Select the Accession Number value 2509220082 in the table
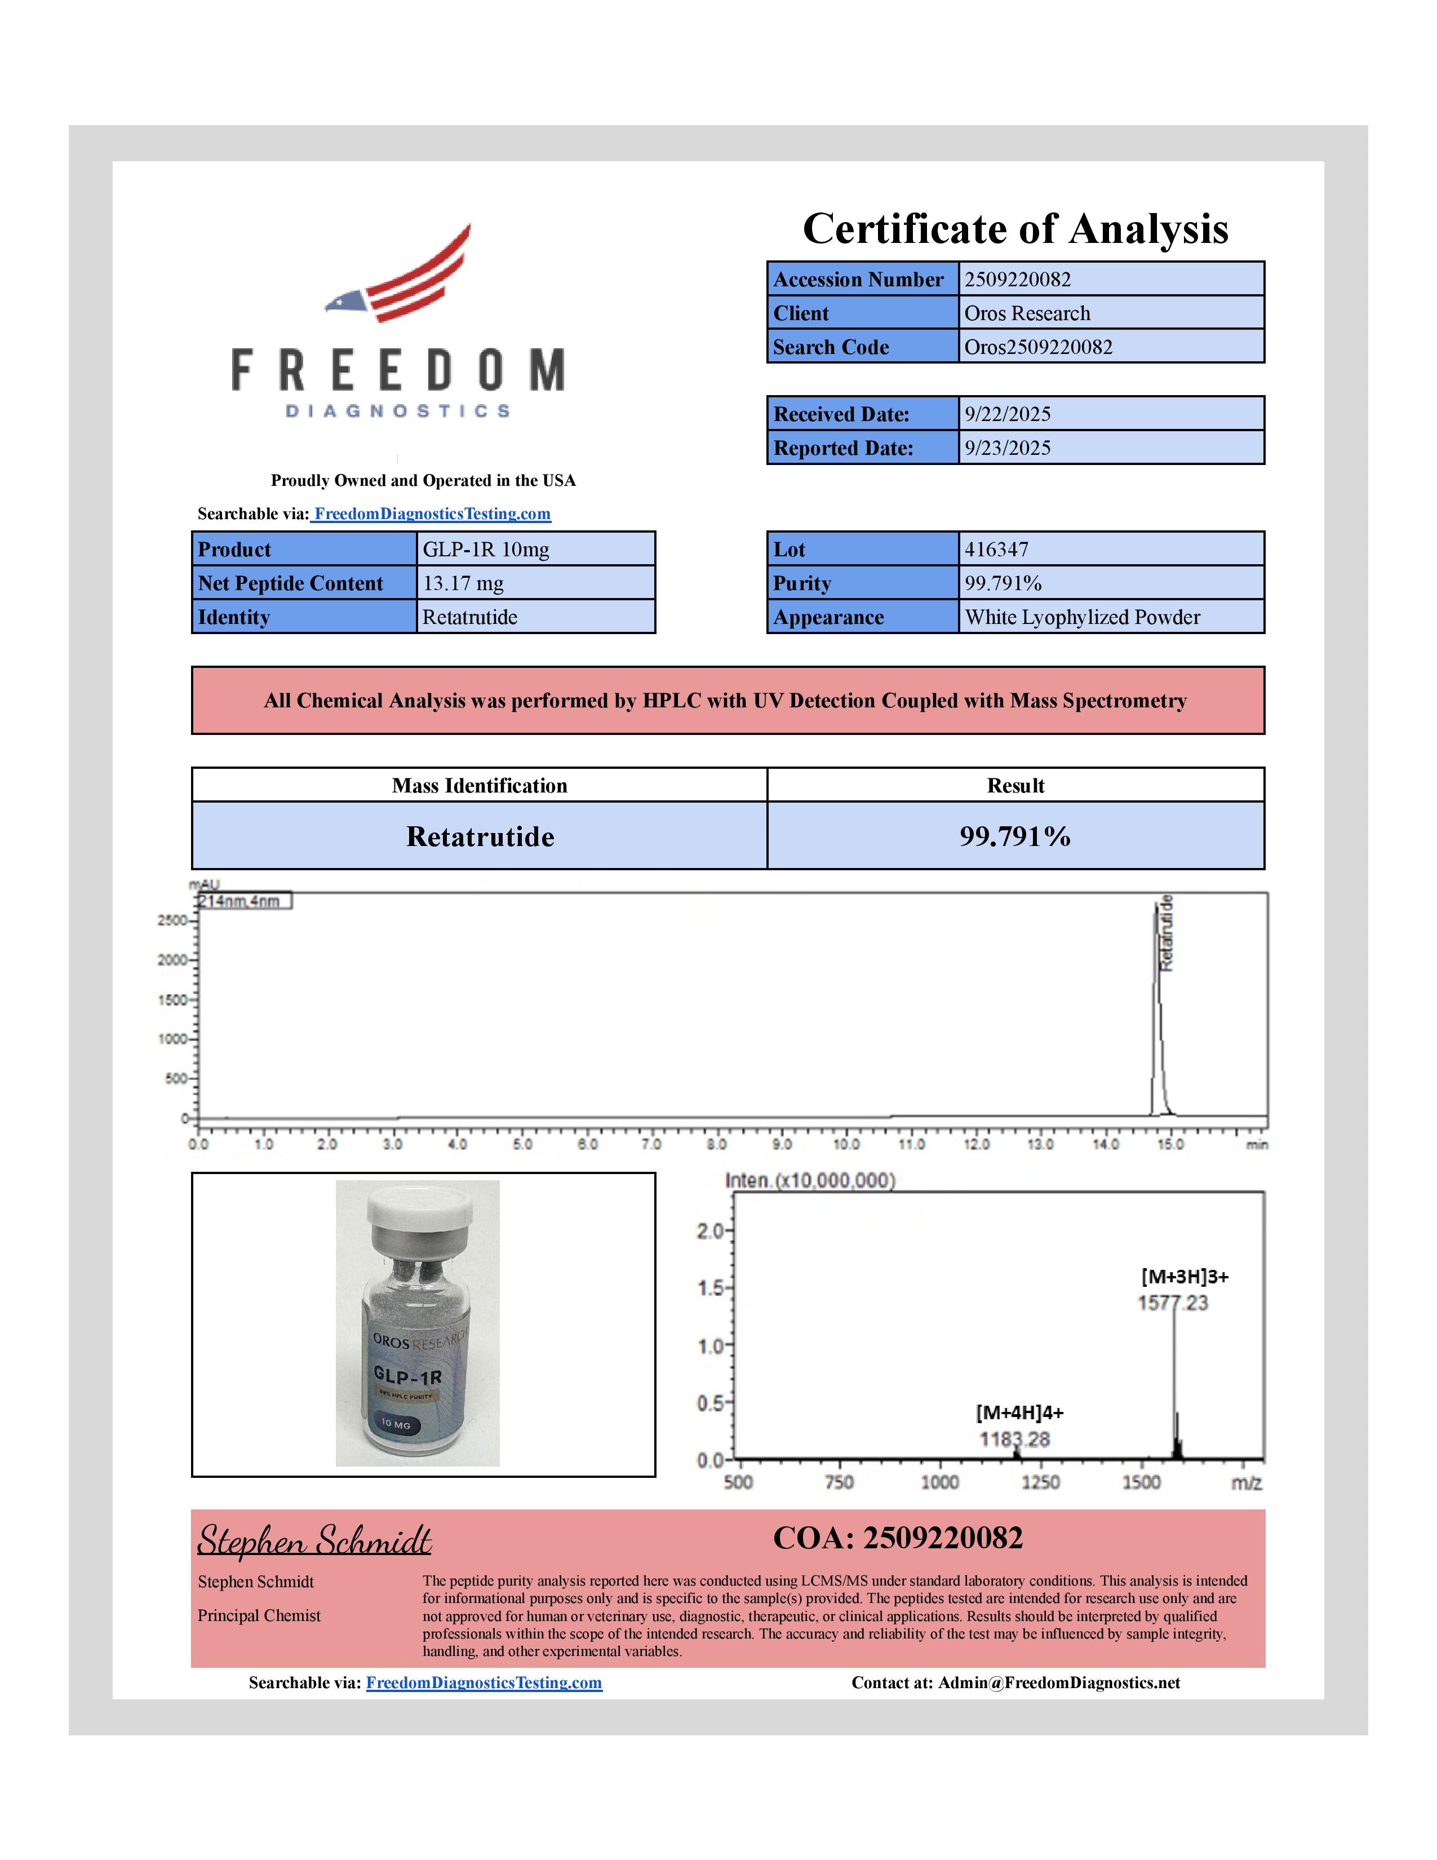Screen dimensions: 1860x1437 click(x=1017, y=280)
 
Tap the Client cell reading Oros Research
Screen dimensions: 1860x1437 click(x=1027, y=313)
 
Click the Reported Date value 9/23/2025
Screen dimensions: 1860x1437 click(x=1007, y=448)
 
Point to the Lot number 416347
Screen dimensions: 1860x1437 click(x=996, y=550)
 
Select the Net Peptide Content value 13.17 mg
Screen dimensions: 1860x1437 click(x=463, y=583)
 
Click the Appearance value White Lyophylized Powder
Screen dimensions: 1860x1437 click(x=1082, y=617)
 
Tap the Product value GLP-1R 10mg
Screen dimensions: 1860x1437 click(x=485, y=550)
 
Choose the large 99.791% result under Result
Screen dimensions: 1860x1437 click(x=1015, y=836)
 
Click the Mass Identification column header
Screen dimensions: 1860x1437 click(x=480, y=785)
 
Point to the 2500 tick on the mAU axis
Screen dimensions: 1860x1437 click(x=173, y=920)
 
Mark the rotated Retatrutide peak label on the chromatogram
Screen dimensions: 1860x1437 click(x=1167, y=933)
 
